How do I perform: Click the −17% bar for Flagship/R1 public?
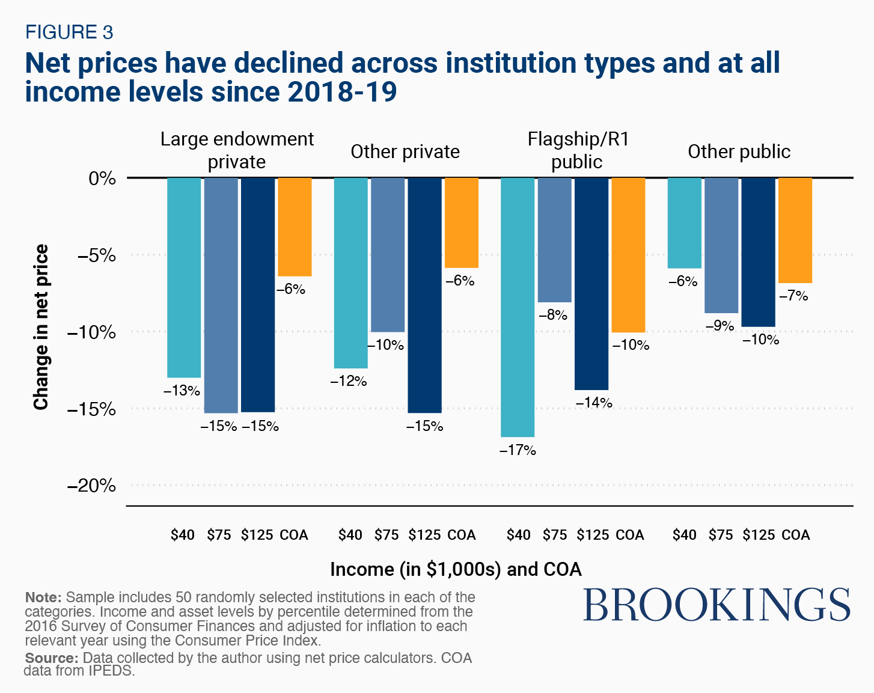click(518, 307)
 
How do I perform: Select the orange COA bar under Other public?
click(795, 230)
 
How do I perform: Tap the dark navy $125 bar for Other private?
click(424, 295)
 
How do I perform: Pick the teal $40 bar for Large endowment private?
click(184, 277)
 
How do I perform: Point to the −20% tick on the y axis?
click(91, 485)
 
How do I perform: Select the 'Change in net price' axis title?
click(41, 327)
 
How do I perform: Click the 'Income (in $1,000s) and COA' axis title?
click(456, 569)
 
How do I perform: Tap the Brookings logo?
click(717, 605)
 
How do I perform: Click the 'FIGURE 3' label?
click(69, 32)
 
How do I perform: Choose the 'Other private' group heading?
click(405, 151)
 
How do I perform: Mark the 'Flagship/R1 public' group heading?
click(578, 150)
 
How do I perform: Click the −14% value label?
click(594, 403)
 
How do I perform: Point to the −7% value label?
click(793, 296)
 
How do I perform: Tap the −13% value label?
click(182, 391)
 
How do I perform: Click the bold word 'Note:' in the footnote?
click(43, 597)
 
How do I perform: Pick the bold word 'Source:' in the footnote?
click(52, 658)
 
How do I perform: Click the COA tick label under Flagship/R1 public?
click(630, 535)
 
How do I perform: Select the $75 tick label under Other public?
click(721, 535)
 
